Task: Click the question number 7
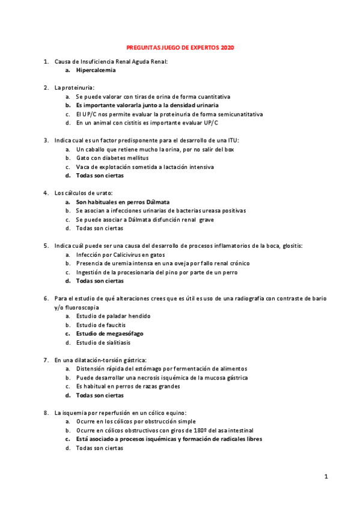[x=46, y=360]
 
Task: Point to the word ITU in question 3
[x=231, y=140]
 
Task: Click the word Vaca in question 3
[x=82, y=167]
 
